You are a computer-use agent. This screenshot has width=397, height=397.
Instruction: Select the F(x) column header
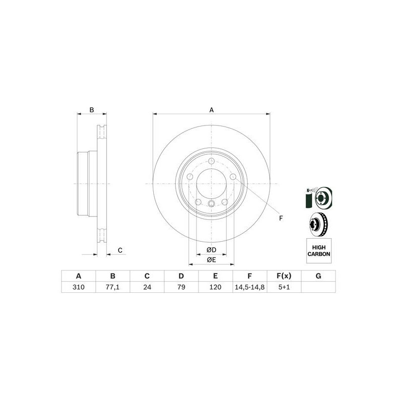(x=284, y=276)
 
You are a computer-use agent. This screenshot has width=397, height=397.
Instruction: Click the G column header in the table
(x=318, y=276)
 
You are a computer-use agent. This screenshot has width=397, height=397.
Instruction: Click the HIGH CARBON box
(x=318, y=250)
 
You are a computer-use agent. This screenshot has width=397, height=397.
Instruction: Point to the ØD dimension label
(x=211, y=249)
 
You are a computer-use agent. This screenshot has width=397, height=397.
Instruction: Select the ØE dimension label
(x=211, y=260)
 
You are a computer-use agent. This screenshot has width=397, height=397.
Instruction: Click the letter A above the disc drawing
(x=211, y=110)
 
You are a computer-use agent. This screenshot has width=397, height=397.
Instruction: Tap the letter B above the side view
(x=91, y=110)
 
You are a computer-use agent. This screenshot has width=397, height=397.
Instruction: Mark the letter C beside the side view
(x=120, y=250)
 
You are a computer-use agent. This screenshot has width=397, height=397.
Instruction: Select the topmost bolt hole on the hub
(x=211, y=161)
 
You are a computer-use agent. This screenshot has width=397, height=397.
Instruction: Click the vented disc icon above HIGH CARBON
(x=318, y=224)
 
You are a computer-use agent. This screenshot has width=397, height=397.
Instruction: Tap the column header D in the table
(x=181, y=276)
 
